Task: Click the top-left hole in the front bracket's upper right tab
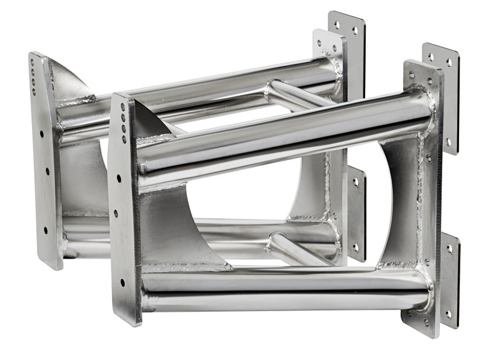tap(431, 56)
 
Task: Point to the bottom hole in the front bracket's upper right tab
tap(448, 142)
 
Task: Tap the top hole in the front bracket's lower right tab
tap(448, 248)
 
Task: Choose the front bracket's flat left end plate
tap(124, 205)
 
